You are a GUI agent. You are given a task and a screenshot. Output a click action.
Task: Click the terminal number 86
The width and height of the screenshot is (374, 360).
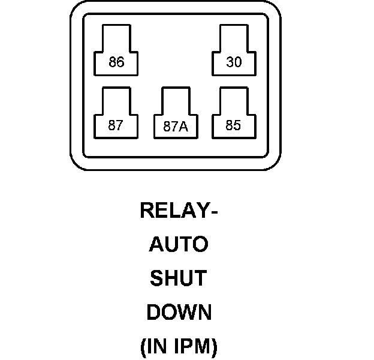click(116, 62)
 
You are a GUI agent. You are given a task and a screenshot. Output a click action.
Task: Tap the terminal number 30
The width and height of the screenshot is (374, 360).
click(234, 62)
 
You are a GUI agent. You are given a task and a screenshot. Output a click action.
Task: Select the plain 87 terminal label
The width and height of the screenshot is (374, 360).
click(116, 126)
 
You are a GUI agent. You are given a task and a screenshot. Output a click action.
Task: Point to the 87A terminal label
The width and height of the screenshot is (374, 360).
click(176, 127)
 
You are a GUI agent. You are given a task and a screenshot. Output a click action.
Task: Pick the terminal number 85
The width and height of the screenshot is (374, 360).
click(233, 126)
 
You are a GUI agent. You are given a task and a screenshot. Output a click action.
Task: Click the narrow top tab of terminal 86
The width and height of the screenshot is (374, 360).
click(116, 37)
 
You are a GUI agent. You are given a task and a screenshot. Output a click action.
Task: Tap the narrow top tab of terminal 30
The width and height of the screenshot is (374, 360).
click(234, 37)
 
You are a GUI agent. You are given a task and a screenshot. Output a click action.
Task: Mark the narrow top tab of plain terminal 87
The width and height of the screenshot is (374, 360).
click(116, 100)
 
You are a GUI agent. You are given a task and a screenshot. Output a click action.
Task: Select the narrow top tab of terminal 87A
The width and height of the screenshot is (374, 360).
click(176, 100)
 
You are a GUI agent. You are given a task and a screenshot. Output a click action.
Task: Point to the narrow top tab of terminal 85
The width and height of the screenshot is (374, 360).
click(234, 100)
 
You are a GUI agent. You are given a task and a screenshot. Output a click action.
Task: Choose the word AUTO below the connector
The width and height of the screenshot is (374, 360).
click(178, 245)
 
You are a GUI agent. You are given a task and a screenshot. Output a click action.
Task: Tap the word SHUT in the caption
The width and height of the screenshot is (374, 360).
click(178, 278)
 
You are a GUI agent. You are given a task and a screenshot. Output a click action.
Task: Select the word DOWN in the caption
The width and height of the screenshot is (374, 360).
click(179, 313)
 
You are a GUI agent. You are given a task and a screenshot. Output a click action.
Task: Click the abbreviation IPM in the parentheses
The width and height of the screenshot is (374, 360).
click(193, 346)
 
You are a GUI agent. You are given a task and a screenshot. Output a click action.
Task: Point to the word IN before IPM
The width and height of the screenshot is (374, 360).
click(159, 346)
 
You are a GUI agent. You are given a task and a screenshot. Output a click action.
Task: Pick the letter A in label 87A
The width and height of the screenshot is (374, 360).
click(185, 127)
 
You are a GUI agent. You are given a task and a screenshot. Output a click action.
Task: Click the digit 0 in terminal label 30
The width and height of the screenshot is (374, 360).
click(238, 62)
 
